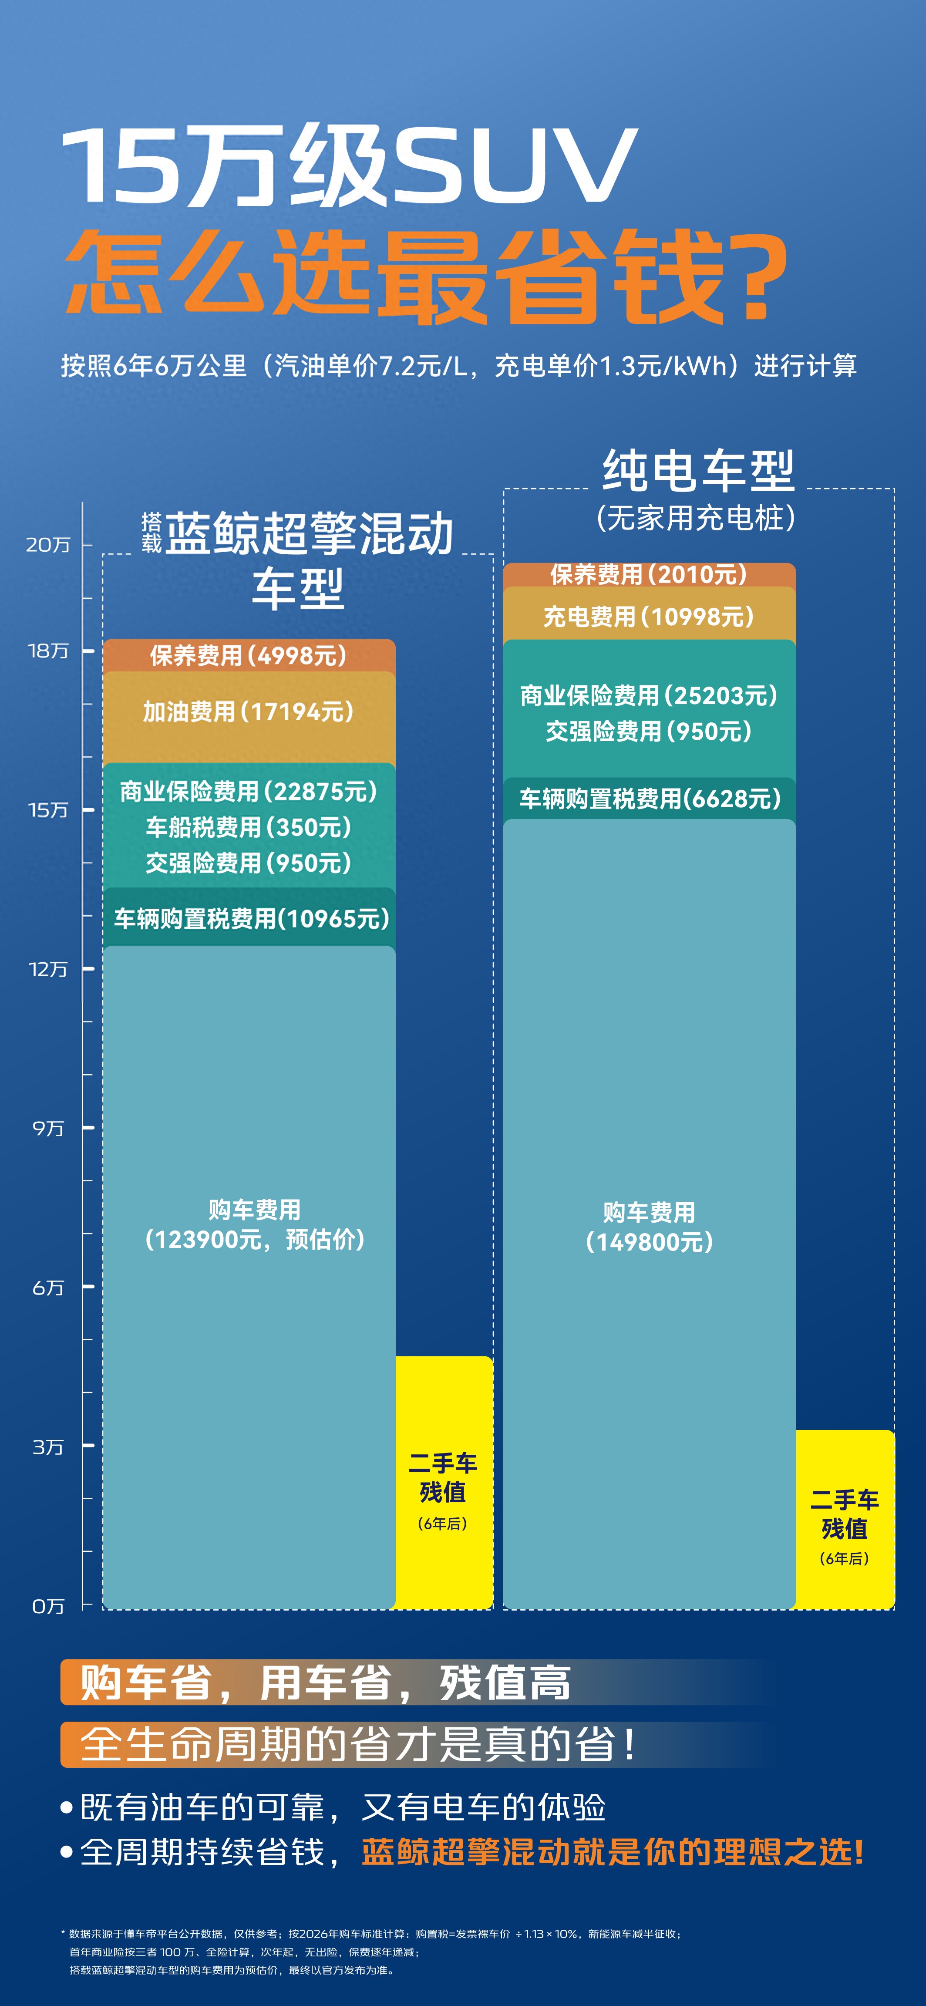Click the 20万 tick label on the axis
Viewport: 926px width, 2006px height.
tap(48, 544)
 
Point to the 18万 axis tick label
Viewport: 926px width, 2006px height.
tap(48, 650)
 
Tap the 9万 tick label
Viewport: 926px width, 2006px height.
tap(48, 1128)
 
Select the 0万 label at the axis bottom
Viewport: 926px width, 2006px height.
tap(48, 1606)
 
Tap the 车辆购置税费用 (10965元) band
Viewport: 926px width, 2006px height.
tap(249, 918)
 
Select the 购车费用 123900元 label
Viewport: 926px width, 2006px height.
tap(255, 1224)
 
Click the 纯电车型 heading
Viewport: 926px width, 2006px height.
tap(698, 471)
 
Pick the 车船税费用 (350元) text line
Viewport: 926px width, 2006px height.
tap(249, 827)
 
